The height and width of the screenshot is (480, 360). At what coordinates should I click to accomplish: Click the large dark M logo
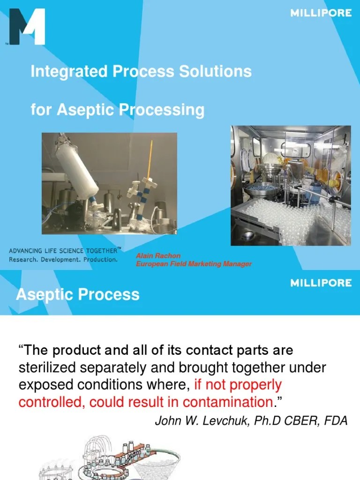(27, 27)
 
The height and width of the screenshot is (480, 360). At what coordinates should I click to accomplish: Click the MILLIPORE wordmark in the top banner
(321, 13)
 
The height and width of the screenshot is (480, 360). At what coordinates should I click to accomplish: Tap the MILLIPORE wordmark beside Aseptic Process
(321, 283)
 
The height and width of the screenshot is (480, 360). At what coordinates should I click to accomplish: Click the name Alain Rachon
(158, 256)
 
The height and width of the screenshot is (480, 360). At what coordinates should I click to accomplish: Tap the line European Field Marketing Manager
(194, 264)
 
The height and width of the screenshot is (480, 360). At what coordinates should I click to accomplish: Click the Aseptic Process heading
(78, 295)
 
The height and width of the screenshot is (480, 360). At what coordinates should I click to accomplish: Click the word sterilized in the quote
(51, 367)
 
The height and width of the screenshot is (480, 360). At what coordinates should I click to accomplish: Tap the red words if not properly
(238, 385)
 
